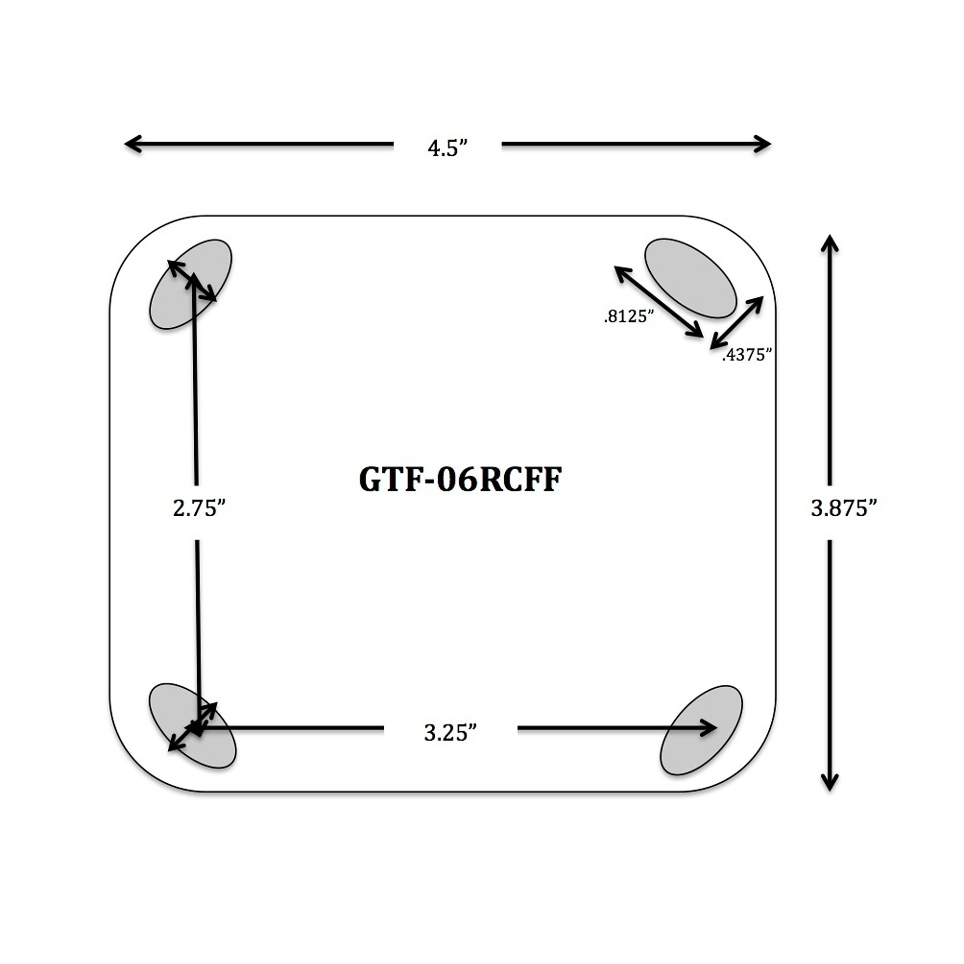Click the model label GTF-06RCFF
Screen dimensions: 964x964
(x=460, y=480)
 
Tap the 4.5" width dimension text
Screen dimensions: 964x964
(x=448, y=147)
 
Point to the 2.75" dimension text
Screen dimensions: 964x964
(x=199, y=508)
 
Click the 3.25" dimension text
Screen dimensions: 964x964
(x=451, y=733)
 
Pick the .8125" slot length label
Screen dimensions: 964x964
(x=629, y=316)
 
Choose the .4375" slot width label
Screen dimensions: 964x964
(x=747, y=355)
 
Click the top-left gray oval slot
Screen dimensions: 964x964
(x=190, y=284)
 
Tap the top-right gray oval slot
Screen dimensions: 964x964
(x=691, y=278)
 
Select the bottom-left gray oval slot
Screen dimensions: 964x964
(x=192, y=725)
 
